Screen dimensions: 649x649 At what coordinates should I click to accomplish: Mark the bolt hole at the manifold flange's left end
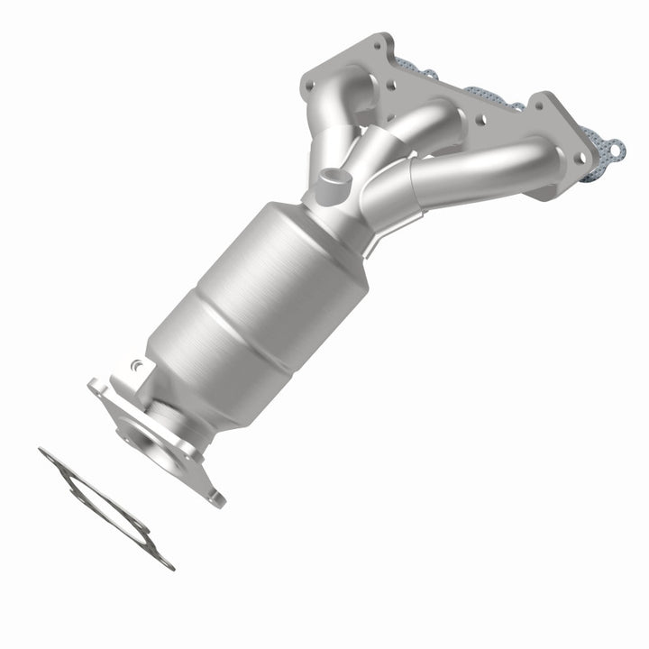pos(310,84)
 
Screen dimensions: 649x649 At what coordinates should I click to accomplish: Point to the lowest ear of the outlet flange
pos(215,497)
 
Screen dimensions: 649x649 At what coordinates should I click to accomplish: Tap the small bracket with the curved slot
pos(135,369)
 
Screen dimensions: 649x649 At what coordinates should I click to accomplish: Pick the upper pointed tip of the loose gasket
pos(42,452)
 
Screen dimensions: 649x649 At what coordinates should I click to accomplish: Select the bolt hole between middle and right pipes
pos(478,118)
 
